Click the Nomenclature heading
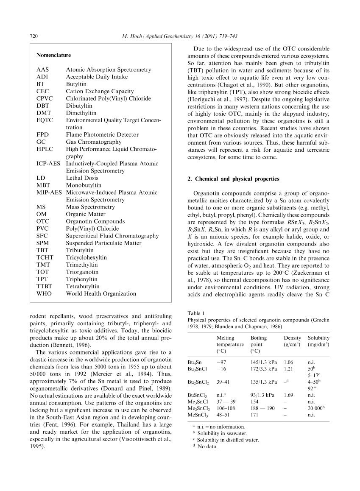point(53,55)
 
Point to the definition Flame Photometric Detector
point(102,134)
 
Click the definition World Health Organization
point(101,293)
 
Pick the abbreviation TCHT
point(45,257)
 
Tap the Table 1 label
point(196,313)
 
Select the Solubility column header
point(318,338)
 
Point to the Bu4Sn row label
point(195,363)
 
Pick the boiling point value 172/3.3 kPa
point(263,369)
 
